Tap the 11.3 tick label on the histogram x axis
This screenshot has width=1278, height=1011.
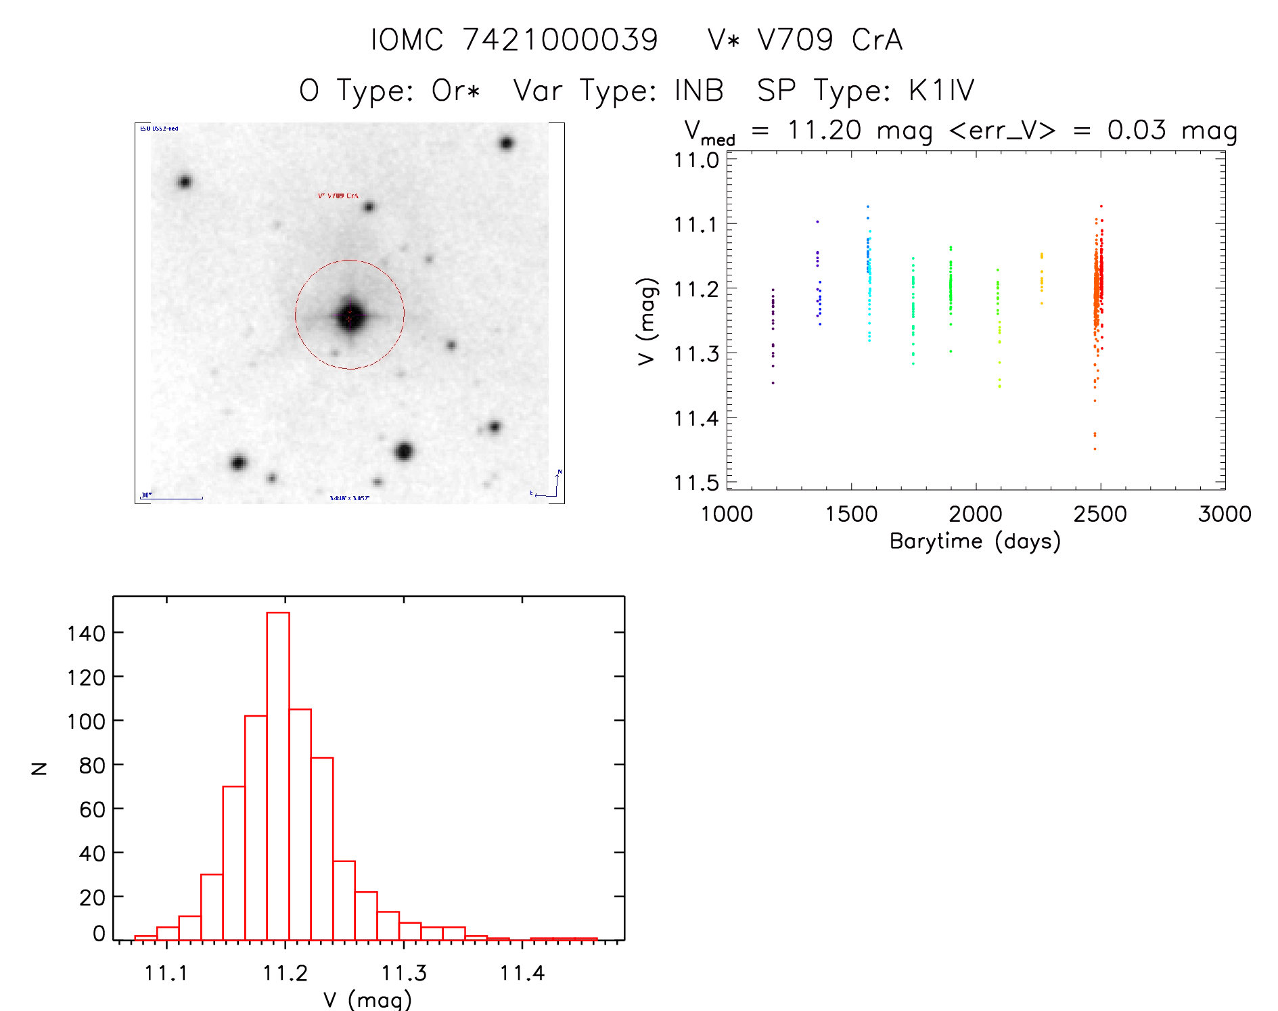[404, 973]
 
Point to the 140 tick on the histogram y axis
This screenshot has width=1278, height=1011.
[86, 633]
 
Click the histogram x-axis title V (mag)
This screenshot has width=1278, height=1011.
[367, 999]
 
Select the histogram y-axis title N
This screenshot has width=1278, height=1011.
[39, 768]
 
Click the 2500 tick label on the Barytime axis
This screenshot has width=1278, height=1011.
[1100, 514]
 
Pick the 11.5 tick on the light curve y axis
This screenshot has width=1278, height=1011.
[696, 483]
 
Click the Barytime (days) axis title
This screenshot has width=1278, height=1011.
[975, 541]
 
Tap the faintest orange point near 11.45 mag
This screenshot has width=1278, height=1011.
[1095, 449]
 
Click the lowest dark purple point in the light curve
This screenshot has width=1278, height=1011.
[773, 383]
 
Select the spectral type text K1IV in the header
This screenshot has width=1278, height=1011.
[941, 91]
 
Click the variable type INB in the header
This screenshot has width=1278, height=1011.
[699, 91]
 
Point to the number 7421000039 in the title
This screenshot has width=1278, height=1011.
[560, 40]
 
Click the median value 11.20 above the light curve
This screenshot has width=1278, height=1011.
[824, 130]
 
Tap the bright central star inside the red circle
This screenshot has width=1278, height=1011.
[350, 315]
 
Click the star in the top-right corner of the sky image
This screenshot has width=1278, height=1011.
[506, 143]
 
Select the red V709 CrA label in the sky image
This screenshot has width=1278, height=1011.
[338, 196]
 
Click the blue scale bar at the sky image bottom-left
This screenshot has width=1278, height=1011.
[173, 498]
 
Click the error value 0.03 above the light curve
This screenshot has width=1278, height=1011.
[1137, 130]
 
